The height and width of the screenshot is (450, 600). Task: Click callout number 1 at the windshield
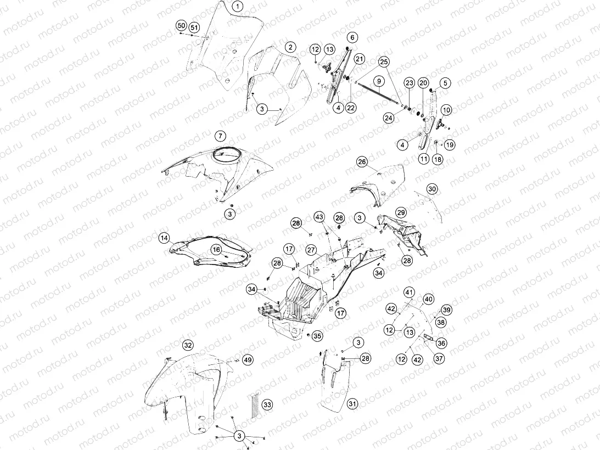coord(238,7)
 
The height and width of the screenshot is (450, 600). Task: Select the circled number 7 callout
coord(220,136)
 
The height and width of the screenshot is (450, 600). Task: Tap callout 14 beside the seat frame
coord(164,238)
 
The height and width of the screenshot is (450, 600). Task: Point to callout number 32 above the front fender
coord(188,345)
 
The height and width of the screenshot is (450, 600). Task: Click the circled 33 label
coord(267,405)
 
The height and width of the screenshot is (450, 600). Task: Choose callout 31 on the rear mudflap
coord(352,404)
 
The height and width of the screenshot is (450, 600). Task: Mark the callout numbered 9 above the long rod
coord(379,81)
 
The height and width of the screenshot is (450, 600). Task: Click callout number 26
coord(362,162)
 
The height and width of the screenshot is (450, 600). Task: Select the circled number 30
coord(432,189)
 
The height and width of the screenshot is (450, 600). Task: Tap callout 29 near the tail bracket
coord(401,212)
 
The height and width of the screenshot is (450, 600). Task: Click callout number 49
coord(248,359)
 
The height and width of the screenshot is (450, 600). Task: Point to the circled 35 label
coord(317,336)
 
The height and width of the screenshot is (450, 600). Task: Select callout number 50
coord(181,26)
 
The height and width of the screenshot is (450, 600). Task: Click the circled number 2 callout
coord(290,47)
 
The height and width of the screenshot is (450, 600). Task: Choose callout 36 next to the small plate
coord(441,343)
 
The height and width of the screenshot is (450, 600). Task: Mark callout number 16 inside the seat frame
coord(217,250)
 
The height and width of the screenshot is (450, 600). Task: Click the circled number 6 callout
coord(352,37)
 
